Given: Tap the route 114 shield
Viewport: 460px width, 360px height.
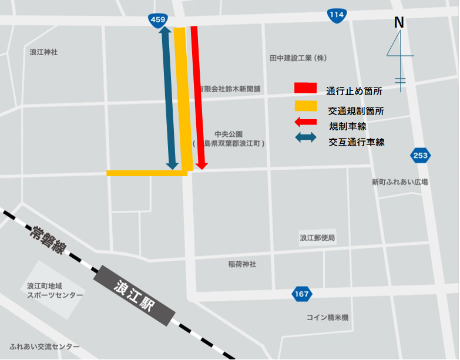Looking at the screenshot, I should [x=336, y=15].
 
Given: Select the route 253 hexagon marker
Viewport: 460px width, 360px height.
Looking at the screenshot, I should [x=420, y=156].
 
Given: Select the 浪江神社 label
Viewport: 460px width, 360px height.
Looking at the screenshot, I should [x=44, y=52].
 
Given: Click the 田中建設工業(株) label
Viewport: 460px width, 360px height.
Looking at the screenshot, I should [x=298, y=58].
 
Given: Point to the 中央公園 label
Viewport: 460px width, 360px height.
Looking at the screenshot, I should [x=229, y=134].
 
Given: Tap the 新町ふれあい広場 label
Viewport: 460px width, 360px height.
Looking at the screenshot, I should [x=400, y=182].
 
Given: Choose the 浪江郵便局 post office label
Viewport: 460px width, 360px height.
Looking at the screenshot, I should [x=317, y=238].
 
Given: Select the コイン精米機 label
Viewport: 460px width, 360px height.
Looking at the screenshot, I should [x=327, y=318].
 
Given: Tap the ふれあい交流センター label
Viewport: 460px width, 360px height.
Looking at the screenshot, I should [x=45, y=346].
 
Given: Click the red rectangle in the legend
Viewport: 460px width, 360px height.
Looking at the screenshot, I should [x=305, y=88].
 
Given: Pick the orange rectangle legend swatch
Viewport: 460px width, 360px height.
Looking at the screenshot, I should [x=305, y=106].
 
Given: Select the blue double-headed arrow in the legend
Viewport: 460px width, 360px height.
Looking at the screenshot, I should [x=305, y=139].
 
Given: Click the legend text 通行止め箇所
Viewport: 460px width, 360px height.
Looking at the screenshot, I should [x=354, y=91].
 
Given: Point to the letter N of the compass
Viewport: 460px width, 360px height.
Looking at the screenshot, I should [x=399, y=23].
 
